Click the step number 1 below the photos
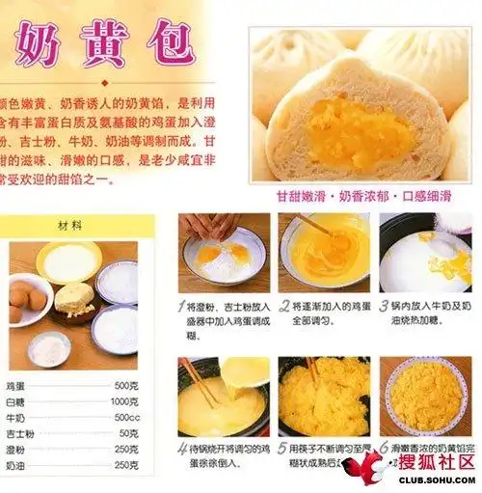pyautogui.click(x=181, y=307)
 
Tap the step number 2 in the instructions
pyautogui.click(x=283, y=307)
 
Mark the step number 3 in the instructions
pyautogui.click(x=382, y=307)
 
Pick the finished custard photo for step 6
pyautogui.click(x=425, y=396)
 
